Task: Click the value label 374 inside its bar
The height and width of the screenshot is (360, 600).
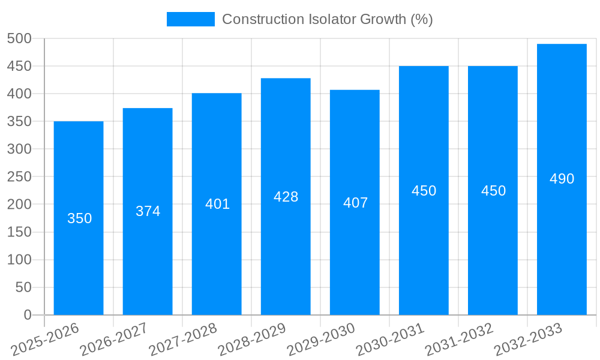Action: pyautogui.click(x=148, y=211)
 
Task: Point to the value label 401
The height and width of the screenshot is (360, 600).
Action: pyautogui.click(x=217, y=204)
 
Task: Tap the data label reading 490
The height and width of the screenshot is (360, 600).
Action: pyautogui.click(x=562, y=179)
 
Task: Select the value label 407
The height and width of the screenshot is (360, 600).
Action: pyautogui.click(x=355, y=203)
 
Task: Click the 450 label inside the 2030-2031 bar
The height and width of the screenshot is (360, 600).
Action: pyautogui.click(x=424, y=191)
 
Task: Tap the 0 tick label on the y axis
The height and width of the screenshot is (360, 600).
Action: pyautogui.click(x=27, y=315)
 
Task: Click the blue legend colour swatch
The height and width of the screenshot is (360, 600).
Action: pyautogui.click(x=190, y=19)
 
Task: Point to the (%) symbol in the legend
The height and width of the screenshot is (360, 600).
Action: pyautogui.click(x=421, y=19)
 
